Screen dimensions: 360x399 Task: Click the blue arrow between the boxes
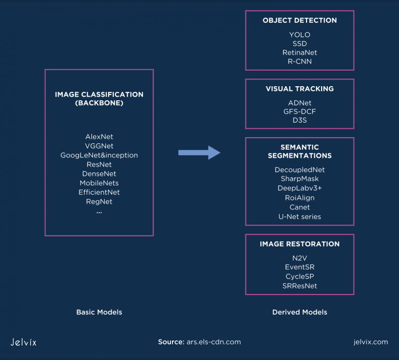coord(199,152)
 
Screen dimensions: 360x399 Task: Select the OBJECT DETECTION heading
coord(299,20)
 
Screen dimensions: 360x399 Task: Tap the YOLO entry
coord(299,35)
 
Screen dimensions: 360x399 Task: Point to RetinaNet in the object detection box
coord(299,52)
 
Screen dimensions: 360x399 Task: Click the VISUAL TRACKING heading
coord(299,89)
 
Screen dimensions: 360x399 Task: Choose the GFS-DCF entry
coord(299,112)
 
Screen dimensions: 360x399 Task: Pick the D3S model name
coord(299,121)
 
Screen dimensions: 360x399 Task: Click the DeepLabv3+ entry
coord(299,188)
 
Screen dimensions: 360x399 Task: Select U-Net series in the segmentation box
coord(299,216)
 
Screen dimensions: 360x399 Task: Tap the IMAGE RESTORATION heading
coord(299,244)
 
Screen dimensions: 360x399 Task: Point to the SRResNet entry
coord(299,286)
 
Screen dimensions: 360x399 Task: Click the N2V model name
coord(299,258)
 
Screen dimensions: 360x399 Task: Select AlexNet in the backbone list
coord(99,137)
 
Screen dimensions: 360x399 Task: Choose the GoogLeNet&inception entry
coord(99,155)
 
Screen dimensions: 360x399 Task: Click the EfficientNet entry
coord(99,192)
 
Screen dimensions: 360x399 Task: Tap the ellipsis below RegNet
coord(99,212)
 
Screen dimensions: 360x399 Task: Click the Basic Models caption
coord(99,312)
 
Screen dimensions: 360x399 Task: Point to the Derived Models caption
coord(299,312)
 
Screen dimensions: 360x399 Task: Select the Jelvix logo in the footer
coord(23,342)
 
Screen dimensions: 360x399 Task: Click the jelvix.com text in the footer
coord(369,342)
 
